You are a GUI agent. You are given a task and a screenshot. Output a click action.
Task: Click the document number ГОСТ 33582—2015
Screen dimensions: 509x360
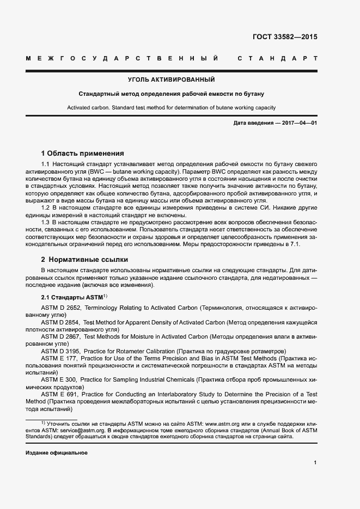pyautogui.click(x=285, y=38)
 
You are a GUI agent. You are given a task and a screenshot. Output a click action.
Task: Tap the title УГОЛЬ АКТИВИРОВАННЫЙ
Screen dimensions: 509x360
pyautogui.click(x=171, y=79)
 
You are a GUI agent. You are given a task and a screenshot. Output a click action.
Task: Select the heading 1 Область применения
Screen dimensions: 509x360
pyautogui.click(x=83, y=154)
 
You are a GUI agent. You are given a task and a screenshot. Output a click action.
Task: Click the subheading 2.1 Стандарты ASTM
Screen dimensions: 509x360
pyautogui.click(x=72, y=297)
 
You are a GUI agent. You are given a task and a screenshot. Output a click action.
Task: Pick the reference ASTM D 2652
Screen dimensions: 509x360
pyautogui.click(x=60, y=308)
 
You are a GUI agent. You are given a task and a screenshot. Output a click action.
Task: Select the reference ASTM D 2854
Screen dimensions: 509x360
pyautogui.click(x=60, y=322)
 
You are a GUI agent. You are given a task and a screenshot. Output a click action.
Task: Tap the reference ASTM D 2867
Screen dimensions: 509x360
pyautogui.click(x=60, y=336)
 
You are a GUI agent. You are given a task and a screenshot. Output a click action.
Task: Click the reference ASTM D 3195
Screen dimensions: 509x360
pyautogui.click(x=60, y=351)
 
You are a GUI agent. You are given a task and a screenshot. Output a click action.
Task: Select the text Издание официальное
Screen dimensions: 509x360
pyautogui.click(x=57, y=453)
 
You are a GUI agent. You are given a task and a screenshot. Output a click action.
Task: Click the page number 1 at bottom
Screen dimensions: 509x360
pyautogui.click(x=315, y=463)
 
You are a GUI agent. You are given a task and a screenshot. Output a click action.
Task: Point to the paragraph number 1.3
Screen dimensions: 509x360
pyautogui.click(x=46, y=223)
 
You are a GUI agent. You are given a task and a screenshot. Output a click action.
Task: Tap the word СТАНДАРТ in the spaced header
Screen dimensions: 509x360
pyautogui.click(x=277, y=58)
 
